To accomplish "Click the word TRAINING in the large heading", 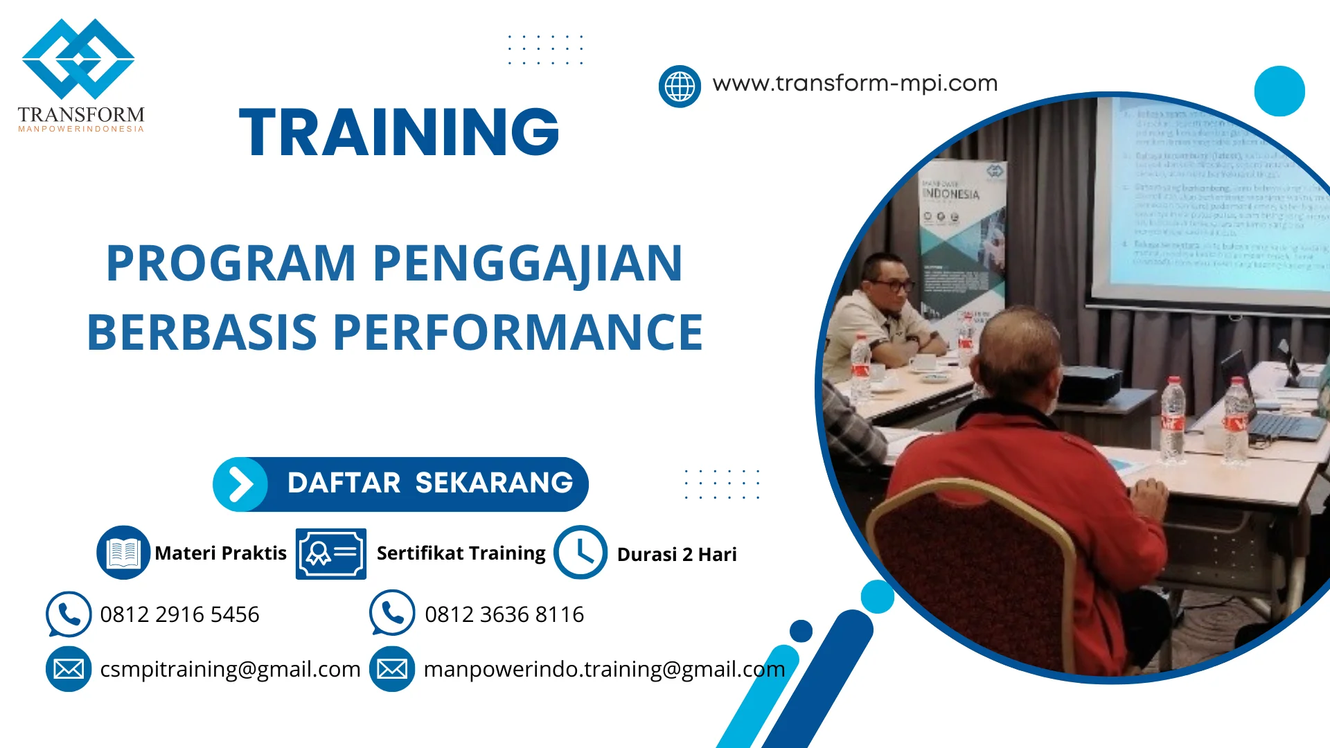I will [399, 132].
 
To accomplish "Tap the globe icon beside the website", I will [680, 87].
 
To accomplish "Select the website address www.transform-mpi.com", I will [855, 83].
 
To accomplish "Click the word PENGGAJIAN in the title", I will [527, 264].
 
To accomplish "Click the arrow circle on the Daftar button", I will [240, 484].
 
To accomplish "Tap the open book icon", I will [123, 553].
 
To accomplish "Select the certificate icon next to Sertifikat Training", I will [330, 553].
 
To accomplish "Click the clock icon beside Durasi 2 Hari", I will [580, 553].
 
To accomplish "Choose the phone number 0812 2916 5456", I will [179, 614].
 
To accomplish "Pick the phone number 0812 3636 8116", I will [504, 614].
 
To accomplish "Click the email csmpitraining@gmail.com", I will [230, 669].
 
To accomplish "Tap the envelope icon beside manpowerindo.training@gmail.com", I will [392, 669].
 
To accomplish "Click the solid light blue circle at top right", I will [1279, 91].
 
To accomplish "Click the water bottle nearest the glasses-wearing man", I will [860, 367].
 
